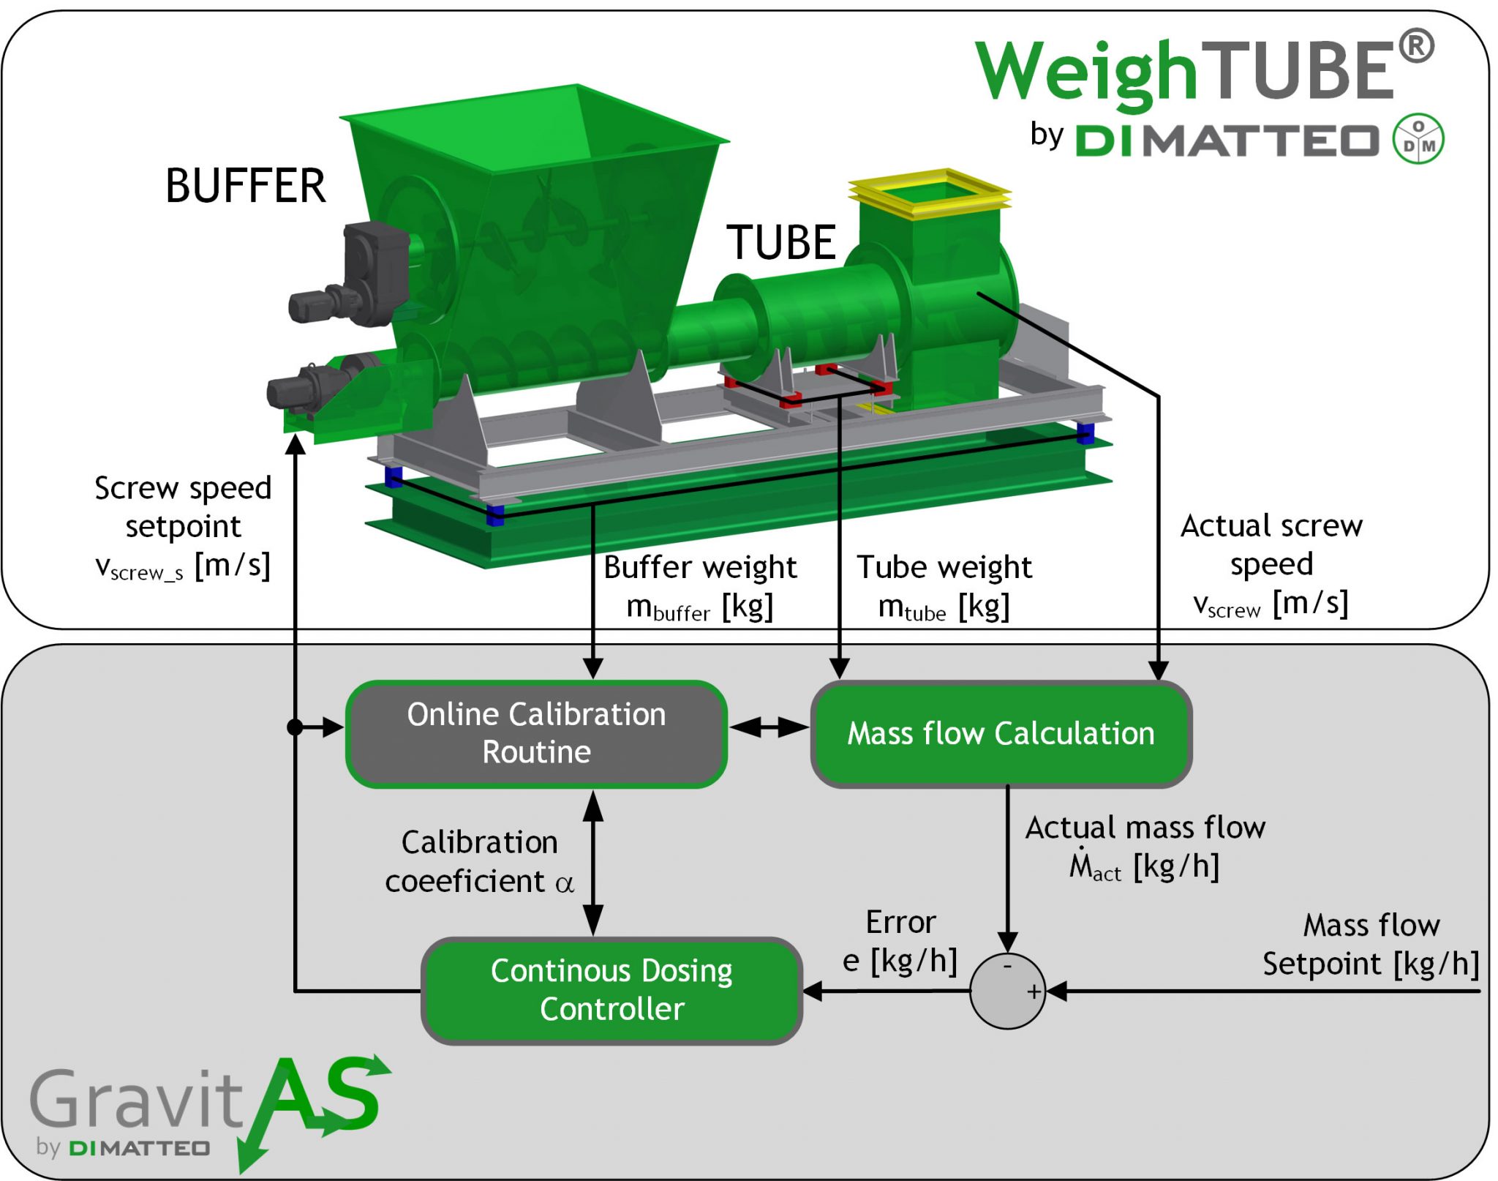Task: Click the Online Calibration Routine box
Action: coord(535,733)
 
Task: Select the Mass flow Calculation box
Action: coord(1000,733)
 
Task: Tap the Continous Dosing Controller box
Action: coord(611,989)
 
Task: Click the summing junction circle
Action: coord(1006,991)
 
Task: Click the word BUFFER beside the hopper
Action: coord(245,186)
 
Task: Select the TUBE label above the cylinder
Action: coord(780,243)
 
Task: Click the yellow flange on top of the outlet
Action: coord(929,192)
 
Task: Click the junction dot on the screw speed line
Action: coord(295,727)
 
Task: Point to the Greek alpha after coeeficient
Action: coord(564,883)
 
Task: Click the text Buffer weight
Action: coord(699,567)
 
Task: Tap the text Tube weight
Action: coord(944,567)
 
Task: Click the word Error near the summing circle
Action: coord(900,922)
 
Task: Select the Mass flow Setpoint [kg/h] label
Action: coord(1370,945)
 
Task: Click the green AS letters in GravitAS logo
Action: coord(322,1098)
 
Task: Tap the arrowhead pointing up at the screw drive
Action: coord(295,443)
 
